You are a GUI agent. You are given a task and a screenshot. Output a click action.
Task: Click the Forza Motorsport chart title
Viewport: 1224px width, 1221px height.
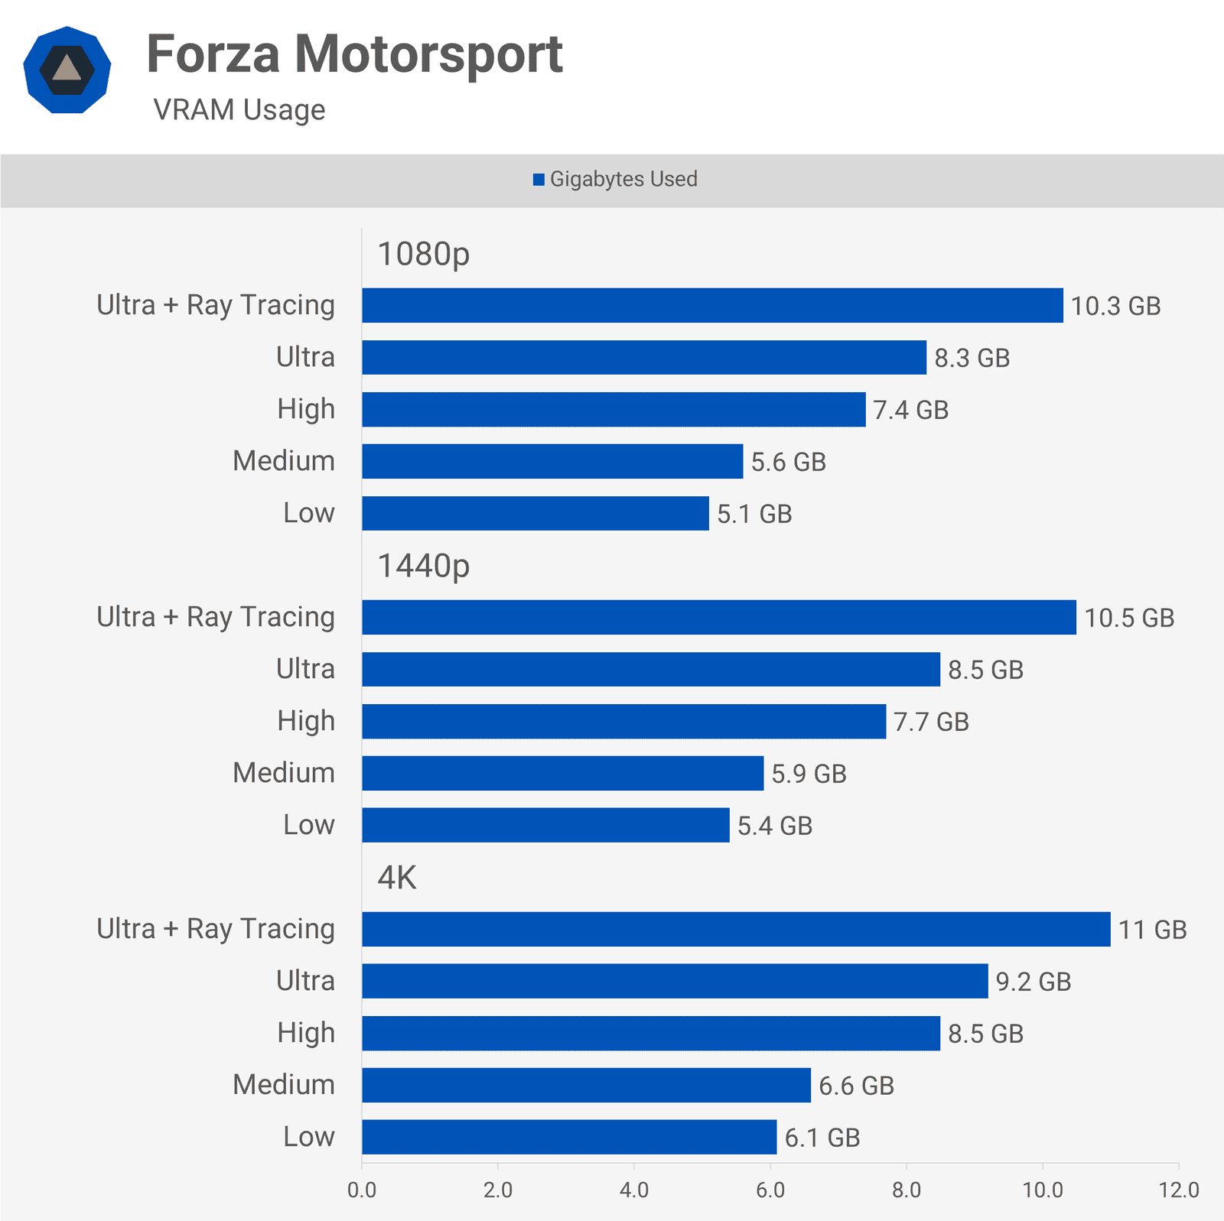[x=354, y=54]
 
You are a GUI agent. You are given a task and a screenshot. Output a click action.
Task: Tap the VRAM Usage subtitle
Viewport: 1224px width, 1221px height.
[x=239, y=110]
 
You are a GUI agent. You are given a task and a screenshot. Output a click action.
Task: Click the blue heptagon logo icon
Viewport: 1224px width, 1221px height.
[x=67, y=70]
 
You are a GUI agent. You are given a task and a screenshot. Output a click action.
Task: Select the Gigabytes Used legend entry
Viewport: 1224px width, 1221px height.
[x=615, y=179]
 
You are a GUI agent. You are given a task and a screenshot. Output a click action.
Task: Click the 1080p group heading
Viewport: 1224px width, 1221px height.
[x=423, y=254]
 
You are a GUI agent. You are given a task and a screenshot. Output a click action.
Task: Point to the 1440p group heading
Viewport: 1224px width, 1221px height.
[x=423, y=566]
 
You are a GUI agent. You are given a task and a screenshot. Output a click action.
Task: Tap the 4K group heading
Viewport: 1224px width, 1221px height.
[x=397, y=878]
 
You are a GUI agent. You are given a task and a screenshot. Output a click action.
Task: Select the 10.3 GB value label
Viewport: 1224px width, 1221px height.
[x=1115, y=306]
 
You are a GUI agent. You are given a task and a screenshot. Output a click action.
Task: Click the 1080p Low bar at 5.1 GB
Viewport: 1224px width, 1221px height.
[x=535, y=513]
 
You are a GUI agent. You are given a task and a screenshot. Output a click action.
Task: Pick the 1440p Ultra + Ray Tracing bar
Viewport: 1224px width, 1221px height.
[x=719, y=617]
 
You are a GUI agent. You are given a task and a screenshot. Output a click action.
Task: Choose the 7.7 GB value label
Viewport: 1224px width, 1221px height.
[x=931, y=722]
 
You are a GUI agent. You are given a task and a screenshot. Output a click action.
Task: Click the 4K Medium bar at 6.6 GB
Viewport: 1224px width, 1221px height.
[x=586, y=1085]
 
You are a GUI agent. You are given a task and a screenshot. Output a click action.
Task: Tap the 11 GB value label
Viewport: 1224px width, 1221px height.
[x=1152, y=930]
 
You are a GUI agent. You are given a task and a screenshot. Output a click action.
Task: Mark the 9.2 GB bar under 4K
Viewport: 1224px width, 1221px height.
[x=675, y=981]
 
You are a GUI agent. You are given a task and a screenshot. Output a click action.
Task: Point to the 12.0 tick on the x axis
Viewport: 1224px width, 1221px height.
[x=1178, y=1190]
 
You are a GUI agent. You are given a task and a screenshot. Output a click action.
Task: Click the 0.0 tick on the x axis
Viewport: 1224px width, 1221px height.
[x=362, y=1190]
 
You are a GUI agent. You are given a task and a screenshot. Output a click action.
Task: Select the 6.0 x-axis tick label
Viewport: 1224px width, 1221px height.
[x=770, y=1190]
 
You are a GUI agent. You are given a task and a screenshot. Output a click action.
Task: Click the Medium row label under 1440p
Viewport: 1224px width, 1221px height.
[x=284, y=773]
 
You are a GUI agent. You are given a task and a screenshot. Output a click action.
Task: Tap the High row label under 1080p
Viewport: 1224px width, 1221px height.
[x=306, y=409]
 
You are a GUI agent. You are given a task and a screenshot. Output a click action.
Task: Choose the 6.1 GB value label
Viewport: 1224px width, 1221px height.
[x=822, y=1138]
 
